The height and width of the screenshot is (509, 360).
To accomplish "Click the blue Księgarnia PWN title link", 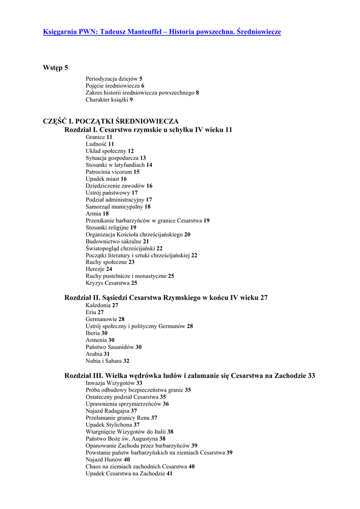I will [162, 32].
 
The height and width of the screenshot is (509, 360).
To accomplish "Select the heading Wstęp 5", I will [56, 68].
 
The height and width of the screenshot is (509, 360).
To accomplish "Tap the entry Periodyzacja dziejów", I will [114, 79].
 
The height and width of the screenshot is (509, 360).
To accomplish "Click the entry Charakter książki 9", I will [109, 99].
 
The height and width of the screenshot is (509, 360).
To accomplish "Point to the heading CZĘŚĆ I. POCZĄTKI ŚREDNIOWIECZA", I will [110, 121].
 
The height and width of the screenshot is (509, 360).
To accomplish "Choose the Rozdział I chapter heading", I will [148, 130].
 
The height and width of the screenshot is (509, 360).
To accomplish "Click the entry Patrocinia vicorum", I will [112, 171].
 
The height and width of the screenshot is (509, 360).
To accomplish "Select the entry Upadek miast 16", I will [106, 178].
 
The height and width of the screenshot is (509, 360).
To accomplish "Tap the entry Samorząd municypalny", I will [118, 206].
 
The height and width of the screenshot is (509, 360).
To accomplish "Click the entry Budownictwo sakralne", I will [117, 241].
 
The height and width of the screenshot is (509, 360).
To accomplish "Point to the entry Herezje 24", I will [98, 269].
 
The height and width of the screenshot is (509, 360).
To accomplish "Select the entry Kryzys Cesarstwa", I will [111, 283].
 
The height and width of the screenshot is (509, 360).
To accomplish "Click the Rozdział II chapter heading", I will [166, 298].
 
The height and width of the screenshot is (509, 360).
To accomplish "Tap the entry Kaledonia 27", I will [101, 305].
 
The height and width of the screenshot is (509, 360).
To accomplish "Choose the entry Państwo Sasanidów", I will [113, 347].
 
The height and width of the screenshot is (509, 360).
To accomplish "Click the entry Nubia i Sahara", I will [107, 361].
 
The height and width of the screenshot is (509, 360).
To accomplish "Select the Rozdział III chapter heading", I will [189, 376].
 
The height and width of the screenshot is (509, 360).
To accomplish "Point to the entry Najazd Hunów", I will [107, 460].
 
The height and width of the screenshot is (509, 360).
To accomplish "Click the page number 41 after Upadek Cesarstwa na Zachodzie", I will [170, 474].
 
